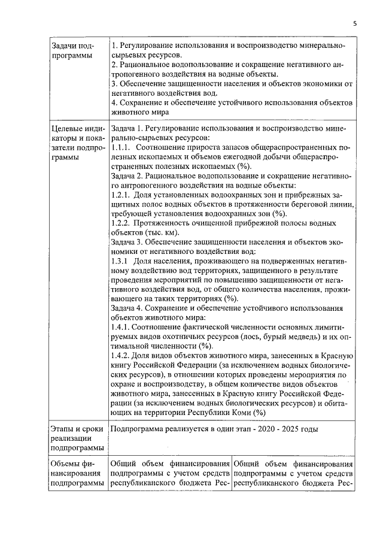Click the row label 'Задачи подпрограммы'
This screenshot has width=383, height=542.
(71, 51)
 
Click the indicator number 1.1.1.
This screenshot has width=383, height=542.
(120, 147)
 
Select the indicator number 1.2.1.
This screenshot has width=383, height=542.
(121, 195)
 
